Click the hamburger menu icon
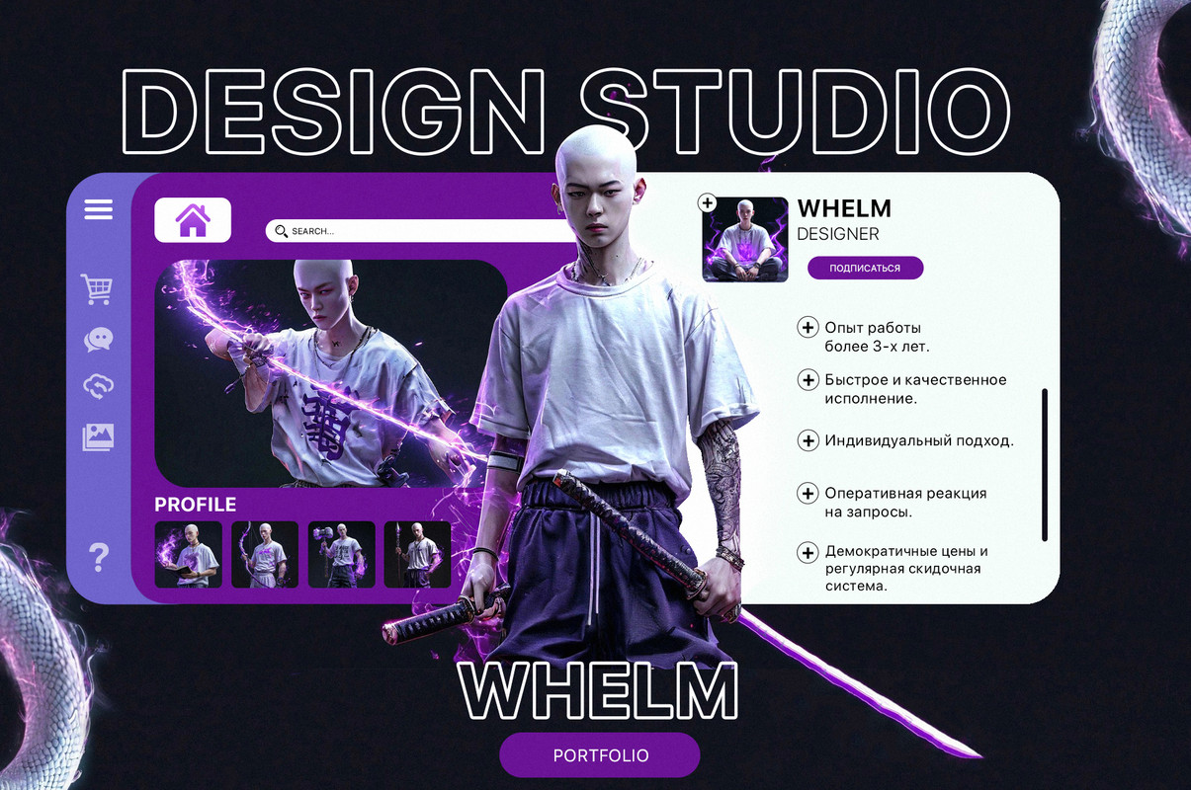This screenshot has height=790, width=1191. pos(99,209)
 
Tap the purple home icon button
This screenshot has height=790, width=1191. pos(193,220)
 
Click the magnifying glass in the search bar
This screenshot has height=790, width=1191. pos(282,231)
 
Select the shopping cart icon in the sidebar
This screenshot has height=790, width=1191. pos(97,289)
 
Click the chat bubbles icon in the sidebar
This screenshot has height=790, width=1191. pos(99,339)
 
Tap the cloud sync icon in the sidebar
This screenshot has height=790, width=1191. pos(99,386)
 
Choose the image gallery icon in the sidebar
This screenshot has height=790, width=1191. pos(98,437)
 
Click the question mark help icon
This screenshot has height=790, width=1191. pos(99,557)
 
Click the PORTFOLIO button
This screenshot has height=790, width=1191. pos(600,754)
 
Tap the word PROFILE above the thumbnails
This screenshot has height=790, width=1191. pos(195,505)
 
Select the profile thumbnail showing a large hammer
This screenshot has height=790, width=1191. pos(341,555)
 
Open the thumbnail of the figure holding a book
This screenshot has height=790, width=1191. pos(188,555)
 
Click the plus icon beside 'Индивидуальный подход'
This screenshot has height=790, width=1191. pos(808,440)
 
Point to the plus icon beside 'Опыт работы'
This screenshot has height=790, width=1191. pos(808,327)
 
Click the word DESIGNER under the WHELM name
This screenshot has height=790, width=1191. pos(838,234)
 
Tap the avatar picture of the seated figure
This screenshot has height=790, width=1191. pos(745,240)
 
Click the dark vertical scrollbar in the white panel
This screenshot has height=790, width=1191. pos(1045,465)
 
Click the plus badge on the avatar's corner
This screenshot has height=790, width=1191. pos(707,203)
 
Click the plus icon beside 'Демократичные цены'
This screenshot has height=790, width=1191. pos(808,553)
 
